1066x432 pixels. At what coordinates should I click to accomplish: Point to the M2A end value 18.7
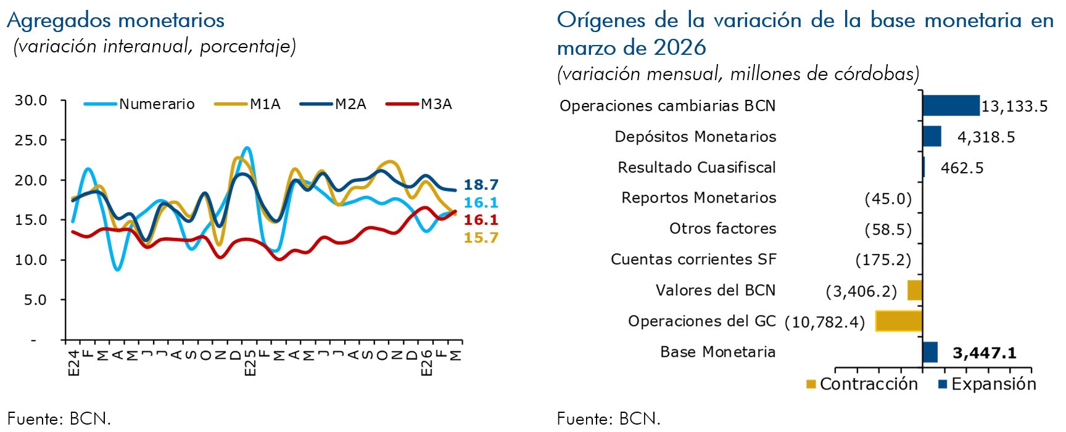(481, 184)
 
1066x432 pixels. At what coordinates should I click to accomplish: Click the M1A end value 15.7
(481, 238)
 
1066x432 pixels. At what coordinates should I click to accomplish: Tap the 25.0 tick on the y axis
(31, 141)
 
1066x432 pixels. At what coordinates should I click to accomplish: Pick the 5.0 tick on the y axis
(35, 300)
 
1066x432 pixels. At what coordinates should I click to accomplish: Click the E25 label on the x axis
(250, 363)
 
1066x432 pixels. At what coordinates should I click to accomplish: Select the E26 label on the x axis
(426, 363)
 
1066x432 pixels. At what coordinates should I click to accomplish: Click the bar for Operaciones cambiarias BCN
(951, 105)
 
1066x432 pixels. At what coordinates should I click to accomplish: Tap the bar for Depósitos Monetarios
(932, 136)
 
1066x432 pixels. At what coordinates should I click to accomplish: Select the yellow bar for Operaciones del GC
(899, 321)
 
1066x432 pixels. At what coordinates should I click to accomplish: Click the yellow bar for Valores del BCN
(914, 290)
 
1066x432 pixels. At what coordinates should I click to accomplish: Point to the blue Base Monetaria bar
(930, 352)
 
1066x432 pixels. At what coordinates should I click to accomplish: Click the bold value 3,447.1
(984, 353)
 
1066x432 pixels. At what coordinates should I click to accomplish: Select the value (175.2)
(883, 260)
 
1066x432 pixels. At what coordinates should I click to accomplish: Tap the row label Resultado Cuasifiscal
(696, 168)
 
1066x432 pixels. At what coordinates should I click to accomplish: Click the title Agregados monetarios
(116, 20)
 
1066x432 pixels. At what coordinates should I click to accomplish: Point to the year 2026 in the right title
(679, 47)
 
